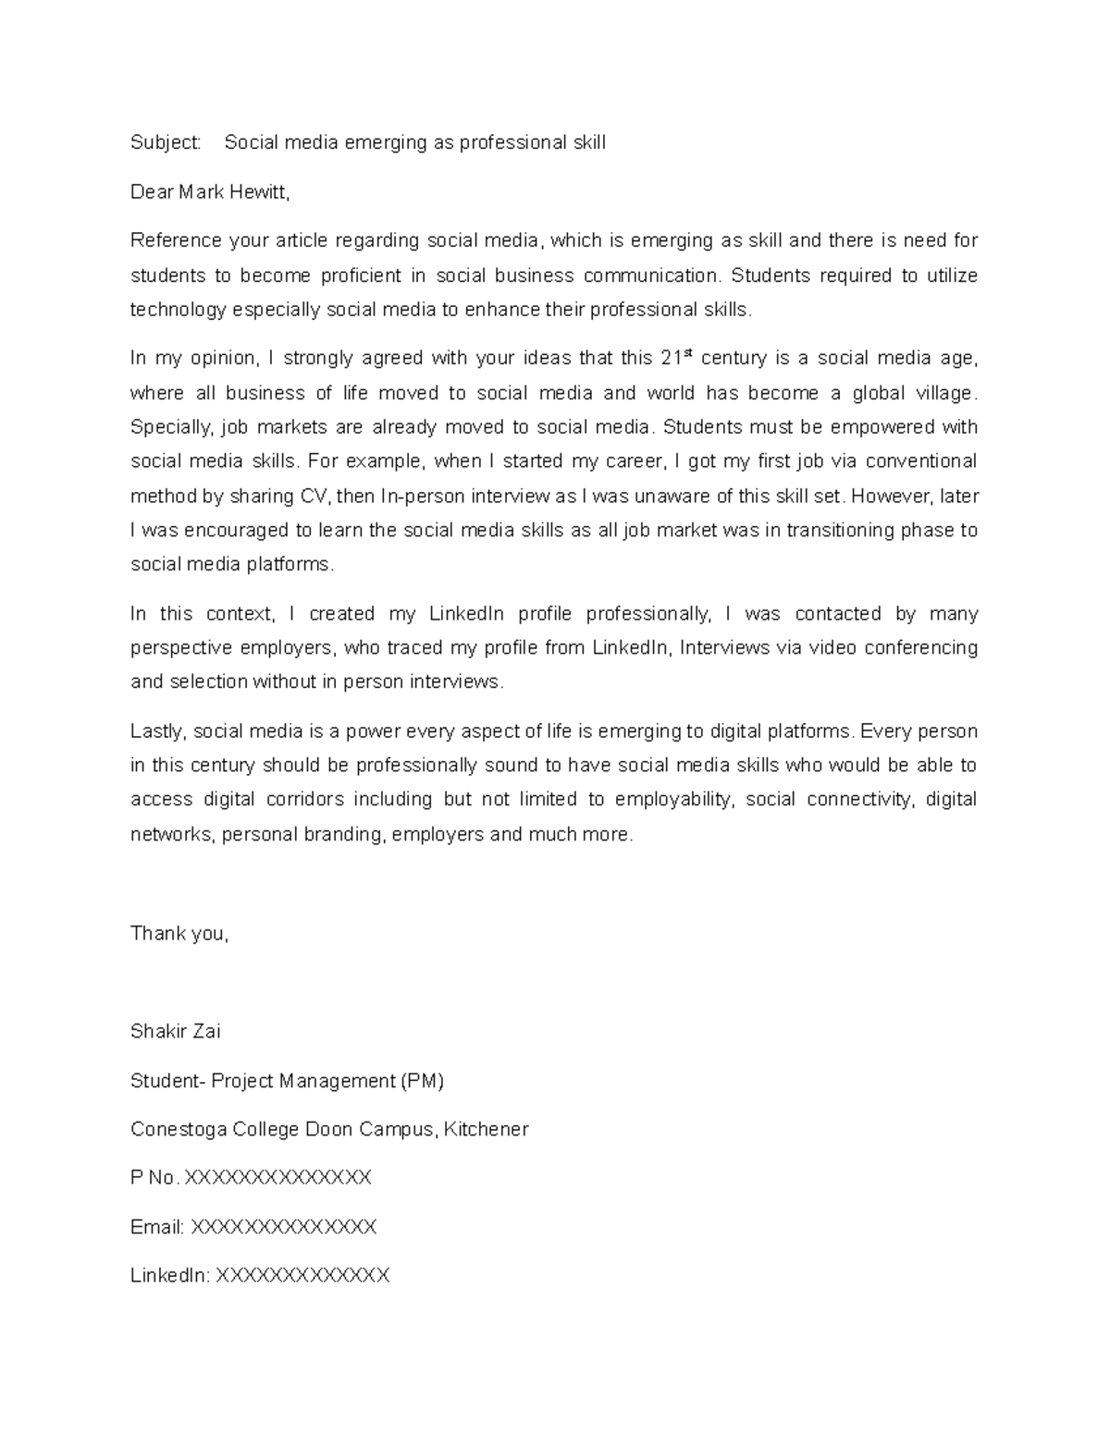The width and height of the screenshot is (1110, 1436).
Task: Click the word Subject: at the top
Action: pos(166,142)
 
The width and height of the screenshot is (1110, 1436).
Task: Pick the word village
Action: pos(943,393)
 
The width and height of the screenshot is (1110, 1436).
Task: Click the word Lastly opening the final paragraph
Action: pos(159,731)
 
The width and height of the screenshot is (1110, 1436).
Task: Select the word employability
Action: pos(673,799)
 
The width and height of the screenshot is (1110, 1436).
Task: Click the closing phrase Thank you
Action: pos(179,934)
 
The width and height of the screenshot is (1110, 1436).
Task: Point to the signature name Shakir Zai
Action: pos(176,1031)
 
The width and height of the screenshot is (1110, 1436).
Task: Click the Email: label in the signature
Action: pos(157,1227)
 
